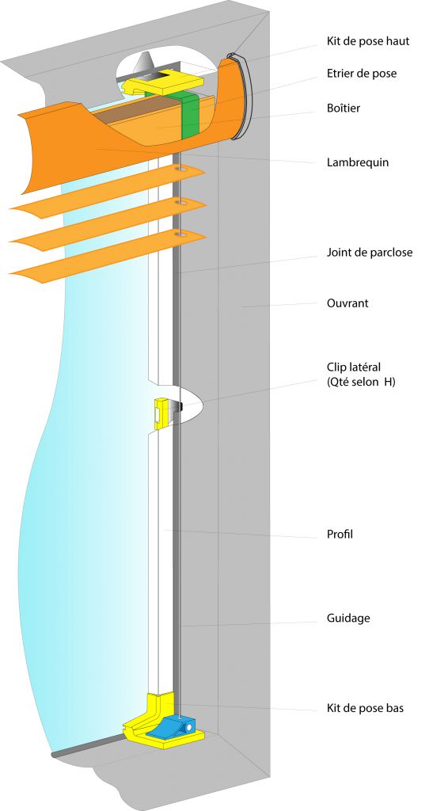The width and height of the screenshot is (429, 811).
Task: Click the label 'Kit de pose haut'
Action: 368,41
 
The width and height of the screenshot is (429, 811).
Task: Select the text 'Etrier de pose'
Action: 362,74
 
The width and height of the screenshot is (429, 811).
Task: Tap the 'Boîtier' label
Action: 344,108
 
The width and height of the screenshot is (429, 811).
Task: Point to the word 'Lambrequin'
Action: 358,162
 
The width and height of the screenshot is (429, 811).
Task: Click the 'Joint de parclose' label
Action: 370,253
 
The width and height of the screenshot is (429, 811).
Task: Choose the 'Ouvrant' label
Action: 347,303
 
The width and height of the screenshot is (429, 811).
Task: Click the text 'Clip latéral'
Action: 354,367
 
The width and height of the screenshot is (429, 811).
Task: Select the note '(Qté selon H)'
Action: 361,383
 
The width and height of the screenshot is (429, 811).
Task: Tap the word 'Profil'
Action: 340,535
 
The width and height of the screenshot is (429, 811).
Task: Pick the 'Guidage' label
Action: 348,618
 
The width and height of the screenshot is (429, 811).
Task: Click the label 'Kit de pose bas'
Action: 365,707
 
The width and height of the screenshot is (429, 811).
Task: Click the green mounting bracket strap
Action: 191,115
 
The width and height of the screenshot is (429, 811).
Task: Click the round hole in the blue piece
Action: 189,728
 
